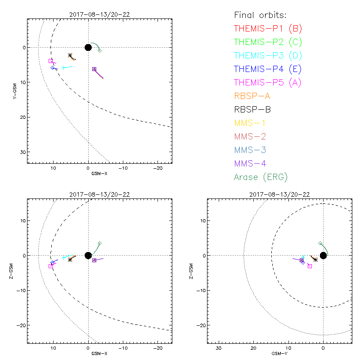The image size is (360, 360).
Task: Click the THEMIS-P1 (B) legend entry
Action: [268, 29]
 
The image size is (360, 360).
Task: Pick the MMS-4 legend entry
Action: [254, 163]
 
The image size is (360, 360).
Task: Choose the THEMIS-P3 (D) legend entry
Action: [268, 56]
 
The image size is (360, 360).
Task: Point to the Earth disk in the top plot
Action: [88, 47]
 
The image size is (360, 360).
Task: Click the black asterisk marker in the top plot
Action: [70, 55]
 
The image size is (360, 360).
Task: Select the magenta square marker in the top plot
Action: [50, 61]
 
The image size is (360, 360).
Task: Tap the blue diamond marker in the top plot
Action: [53, 67]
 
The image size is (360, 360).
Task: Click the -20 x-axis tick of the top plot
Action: [157, 168]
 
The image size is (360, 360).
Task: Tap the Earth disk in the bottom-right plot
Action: [323, 256]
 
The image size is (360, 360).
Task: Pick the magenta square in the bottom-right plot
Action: [310, 266]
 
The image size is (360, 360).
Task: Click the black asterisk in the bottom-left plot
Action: [70, 260]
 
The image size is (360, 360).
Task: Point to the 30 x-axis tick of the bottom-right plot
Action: [219, 348]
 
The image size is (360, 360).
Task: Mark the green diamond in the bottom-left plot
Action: [99, 243]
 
